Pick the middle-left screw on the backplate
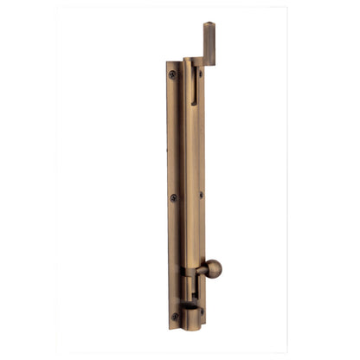click(173, 197)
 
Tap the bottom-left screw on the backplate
click(174, 317)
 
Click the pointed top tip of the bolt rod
click(209, 24)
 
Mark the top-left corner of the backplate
click(167, 63)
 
